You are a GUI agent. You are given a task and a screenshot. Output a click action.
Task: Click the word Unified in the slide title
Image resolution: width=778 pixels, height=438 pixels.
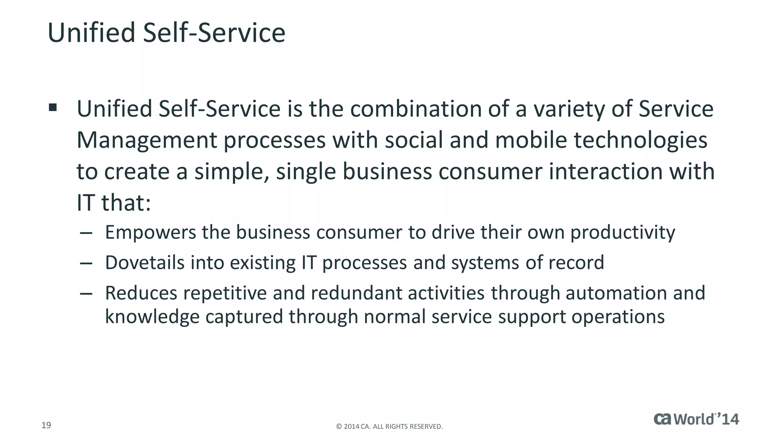point(91,33)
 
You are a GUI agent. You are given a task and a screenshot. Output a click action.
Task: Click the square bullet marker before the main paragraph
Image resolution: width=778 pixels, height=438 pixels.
point(53,108)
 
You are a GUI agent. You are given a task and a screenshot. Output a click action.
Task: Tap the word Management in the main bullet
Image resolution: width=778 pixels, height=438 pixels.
point(147,140)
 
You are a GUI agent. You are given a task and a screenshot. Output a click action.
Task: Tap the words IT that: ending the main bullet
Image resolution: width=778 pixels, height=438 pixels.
point(114,203)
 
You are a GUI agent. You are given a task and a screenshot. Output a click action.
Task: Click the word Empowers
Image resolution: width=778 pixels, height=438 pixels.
point(150,233)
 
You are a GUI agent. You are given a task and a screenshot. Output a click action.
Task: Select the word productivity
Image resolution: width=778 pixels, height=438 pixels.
point(623,233)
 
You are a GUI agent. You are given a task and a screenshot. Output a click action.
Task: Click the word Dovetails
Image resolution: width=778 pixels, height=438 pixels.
point(144,263)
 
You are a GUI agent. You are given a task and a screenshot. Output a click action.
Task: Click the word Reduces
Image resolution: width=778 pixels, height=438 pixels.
point(141,293)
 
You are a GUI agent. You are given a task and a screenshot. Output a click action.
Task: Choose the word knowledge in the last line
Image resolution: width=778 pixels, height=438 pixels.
point(152,317)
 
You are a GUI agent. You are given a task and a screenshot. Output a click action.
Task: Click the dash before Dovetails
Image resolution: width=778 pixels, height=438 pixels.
point(86,263)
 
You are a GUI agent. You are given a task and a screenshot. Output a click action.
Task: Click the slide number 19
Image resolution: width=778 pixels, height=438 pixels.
point(46,425)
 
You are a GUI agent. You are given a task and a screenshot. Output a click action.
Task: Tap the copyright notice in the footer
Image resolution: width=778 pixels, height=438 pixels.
point(389,427)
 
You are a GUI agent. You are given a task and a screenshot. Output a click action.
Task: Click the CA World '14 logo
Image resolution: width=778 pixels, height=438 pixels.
point(696,419)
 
